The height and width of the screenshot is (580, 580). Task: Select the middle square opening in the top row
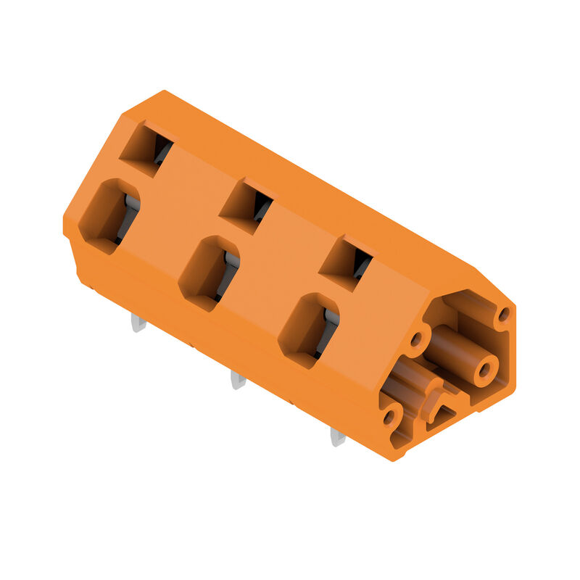pos(246,207)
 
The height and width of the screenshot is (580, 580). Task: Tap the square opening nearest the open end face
pos(347,264)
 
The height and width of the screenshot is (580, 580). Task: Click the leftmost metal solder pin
pos(138,322)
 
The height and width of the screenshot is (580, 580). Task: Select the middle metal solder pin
pos(237,379)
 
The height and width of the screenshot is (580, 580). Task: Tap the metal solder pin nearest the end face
pos(337,436)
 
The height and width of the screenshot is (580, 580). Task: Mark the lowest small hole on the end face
pos(389,418)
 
